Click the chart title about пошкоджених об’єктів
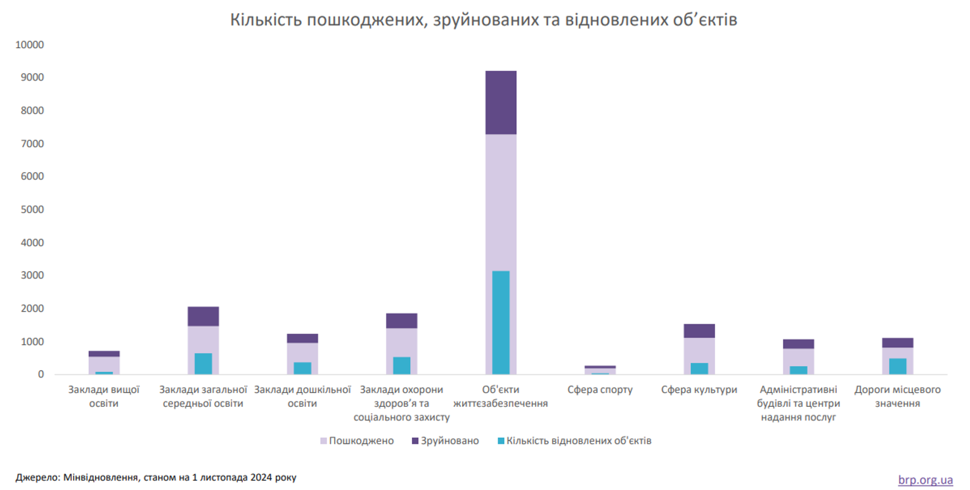point(484,20)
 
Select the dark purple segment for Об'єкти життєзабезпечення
point(501,102)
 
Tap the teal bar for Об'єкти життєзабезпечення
point(501,322)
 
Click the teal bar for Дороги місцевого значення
point(898,366)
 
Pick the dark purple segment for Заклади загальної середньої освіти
point(203,316)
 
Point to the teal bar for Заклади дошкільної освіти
point(302,368)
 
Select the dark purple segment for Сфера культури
point(699,331)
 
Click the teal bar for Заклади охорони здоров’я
point(401,366)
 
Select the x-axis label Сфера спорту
point(600,390)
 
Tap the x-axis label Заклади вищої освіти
point(104,397)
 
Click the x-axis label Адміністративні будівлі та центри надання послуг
point(798,403)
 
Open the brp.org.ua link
point(926,480)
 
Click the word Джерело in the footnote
point(36,477)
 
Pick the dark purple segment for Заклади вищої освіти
point(104,354)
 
